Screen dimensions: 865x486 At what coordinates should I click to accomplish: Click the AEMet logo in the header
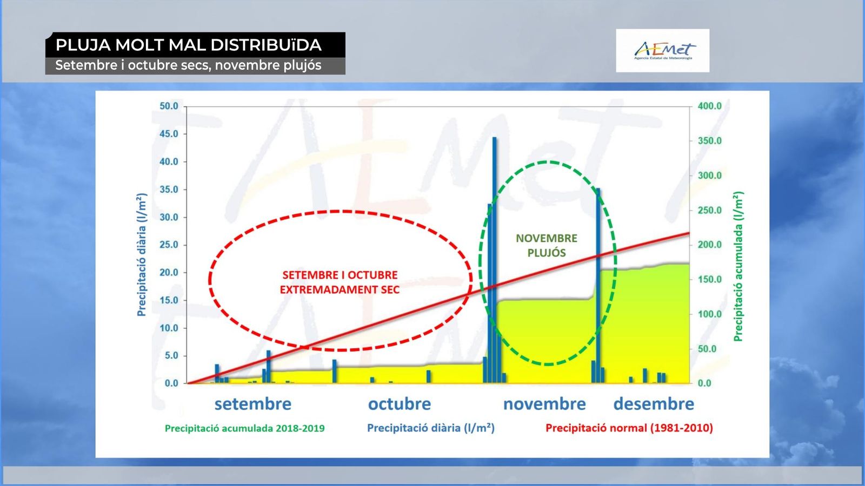(x=663, y=51)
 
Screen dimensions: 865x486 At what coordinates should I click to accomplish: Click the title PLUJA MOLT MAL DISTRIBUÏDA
(x=189, y=45)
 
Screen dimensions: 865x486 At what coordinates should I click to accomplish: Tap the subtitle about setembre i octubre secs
(x=188, y=65)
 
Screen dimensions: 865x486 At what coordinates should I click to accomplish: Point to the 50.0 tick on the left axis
(x=169, y=106)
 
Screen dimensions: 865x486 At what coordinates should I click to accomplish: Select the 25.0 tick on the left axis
(x=169, y=245)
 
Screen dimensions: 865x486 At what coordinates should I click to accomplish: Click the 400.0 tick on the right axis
(x=710, y=106)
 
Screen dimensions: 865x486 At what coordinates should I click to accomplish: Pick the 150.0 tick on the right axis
(x=710, y=279)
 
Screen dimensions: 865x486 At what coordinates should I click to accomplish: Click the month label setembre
(x=253, y=404)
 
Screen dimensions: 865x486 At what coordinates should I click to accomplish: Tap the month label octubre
(x=400, y=404)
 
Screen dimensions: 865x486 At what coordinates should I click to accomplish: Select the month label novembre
(x=544, y=404)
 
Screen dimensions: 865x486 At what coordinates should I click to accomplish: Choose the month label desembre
(x=654, y=404)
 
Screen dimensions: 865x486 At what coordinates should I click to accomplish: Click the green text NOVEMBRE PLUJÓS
(x=547, y=245)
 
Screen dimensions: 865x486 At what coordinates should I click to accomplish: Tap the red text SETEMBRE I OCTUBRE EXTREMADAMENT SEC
(x=340, y=282)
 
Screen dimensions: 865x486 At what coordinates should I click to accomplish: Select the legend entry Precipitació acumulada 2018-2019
(x=245, y=428)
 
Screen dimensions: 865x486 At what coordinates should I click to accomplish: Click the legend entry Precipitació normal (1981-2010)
(x=629, y=428)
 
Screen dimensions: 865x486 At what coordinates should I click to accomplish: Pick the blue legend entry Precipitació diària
(x=430, y=428)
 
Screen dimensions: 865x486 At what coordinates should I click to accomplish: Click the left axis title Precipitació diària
(x=142, y=254)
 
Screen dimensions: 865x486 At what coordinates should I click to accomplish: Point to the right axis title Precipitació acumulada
(x=738, y=266)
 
